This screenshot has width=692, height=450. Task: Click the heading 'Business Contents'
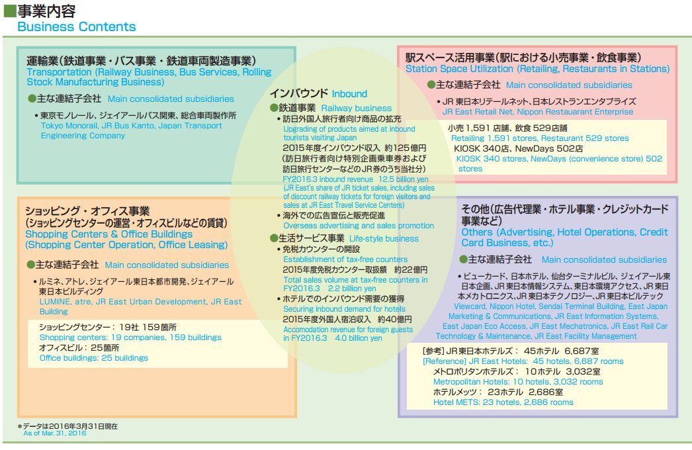[76, 27]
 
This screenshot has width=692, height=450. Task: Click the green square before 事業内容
[9, 11]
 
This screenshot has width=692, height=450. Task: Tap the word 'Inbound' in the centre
[349, 94]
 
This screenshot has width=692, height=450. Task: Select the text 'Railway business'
[356, 108]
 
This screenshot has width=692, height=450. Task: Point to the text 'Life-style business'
[383, 238]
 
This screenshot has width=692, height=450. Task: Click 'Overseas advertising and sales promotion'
[358, 226]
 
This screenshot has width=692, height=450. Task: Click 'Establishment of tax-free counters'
[345, 259]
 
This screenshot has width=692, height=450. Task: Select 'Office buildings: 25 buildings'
[93, 358]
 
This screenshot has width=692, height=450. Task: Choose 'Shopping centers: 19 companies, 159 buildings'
[130, 337]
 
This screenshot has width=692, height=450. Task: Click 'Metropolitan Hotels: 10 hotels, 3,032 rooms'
[518, 382]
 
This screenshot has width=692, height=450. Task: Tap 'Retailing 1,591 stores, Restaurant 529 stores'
[540, 138]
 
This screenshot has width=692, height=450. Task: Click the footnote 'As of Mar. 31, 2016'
[54, 433]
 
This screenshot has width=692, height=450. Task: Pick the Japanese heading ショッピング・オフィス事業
[87, 211]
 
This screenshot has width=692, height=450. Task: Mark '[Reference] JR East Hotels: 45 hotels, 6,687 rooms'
[523, 361]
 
